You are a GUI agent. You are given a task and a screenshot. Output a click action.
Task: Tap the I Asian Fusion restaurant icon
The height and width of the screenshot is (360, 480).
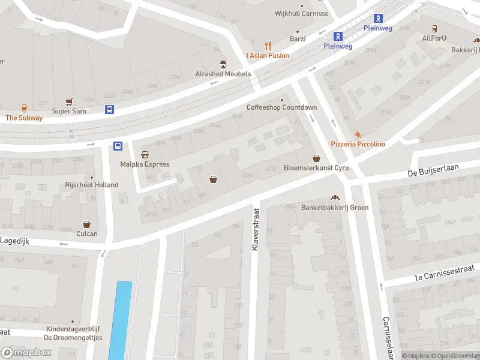click(268, 46)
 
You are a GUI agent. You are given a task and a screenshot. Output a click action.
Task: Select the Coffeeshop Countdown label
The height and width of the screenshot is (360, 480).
click(281, 107)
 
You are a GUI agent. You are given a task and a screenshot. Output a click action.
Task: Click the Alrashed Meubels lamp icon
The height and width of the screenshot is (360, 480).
click(223, 64)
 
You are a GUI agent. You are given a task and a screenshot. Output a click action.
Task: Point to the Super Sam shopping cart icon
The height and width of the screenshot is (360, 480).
click(69, 102)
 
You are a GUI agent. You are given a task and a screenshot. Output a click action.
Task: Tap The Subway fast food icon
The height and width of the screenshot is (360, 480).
click(24, 108)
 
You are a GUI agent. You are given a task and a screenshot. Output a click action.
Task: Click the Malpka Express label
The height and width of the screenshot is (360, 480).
click(145, 164)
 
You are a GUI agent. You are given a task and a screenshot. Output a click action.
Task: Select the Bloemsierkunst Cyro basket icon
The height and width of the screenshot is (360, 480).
click(316, 158)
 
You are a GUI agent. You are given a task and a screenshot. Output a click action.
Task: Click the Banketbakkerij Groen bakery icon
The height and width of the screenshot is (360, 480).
click(335, 198)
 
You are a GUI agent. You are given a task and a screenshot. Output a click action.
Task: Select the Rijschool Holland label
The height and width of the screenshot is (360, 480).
click(92, 185)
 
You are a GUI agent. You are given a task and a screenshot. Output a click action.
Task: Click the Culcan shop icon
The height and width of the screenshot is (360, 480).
click(86, 224)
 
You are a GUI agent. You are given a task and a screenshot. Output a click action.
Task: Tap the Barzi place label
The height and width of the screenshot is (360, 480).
click(298, 39)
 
